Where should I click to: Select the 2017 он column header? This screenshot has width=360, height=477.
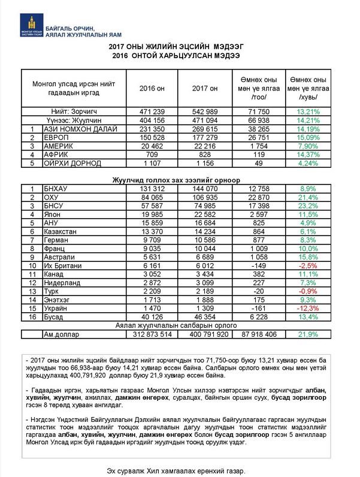point(204,89)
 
